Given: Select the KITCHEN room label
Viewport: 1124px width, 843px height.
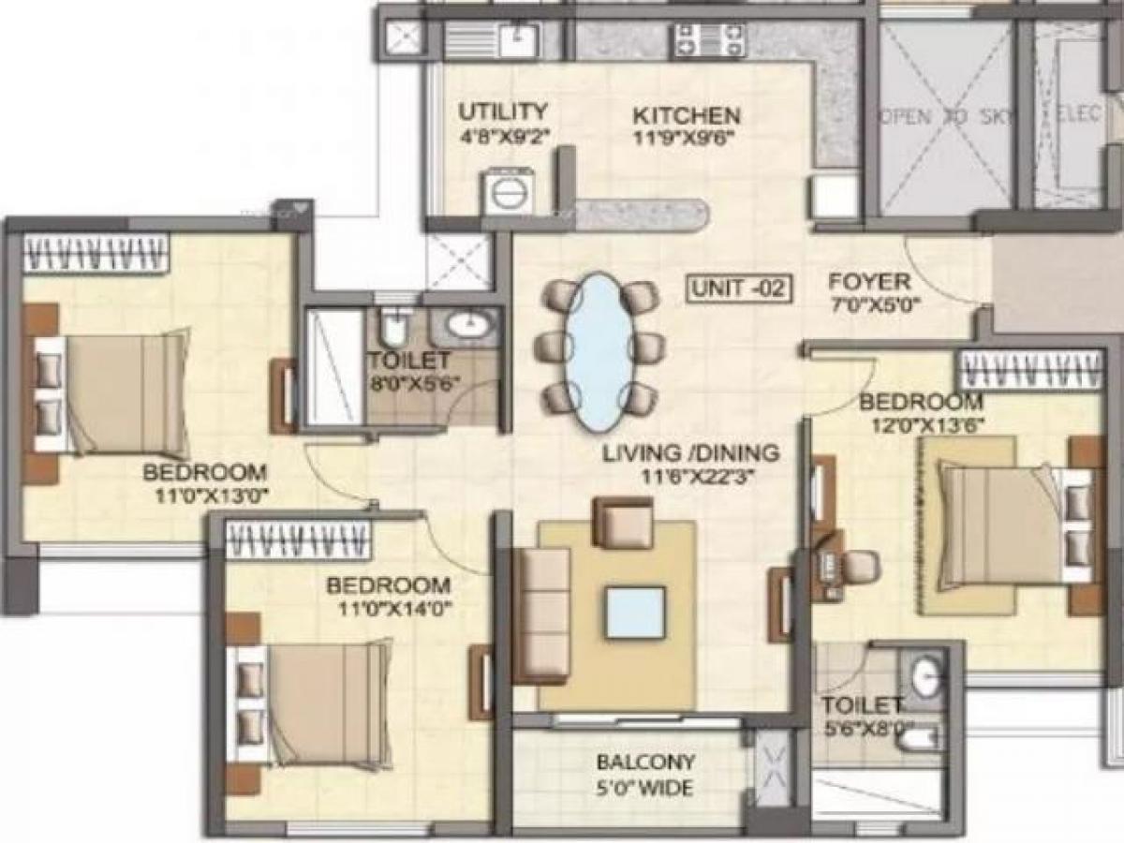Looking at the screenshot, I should coord(687,116).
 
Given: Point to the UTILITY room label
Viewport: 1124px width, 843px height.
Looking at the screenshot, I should coord(502,111).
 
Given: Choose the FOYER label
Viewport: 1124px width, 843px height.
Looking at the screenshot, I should coord(869,282).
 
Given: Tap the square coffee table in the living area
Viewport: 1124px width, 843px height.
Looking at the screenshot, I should coord(635,612).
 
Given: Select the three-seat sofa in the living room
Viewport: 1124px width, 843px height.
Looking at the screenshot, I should coord(542,614).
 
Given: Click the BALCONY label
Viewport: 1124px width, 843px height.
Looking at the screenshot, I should coord(646,762).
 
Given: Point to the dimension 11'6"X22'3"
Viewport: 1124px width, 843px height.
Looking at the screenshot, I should coord(691,476).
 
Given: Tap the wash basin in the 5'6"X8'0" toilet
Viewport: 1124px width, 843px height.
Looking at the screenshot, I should coord(925,679).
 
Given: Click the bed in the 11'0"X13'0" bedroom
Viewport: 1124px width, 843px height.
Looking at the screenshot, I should coord(112,393).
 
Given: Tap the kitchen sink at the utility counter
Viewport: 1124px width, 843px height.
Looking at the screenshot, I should coord(514,38).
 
